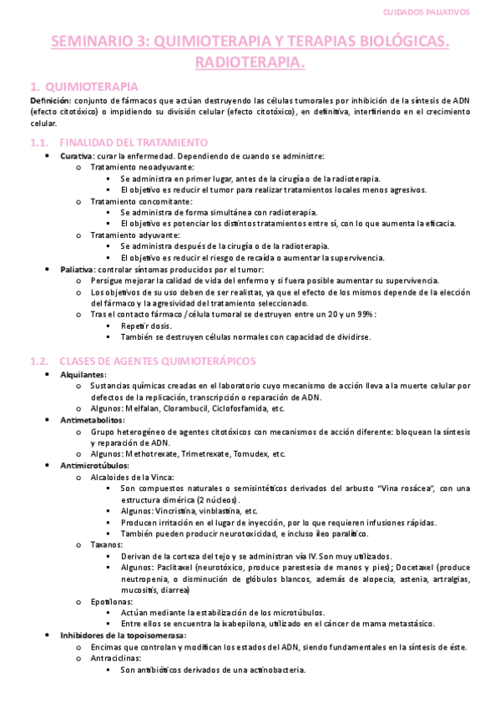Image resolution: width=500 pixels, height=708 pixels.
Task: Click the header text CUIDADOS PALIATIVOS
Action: coord(432,13)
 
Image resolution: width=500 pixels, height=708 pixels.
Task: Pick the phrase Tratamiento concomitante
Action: coord(140,201)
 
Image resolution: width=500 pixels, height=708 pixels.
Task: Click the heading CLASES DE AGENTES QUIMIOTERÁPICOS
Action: coord(158,361)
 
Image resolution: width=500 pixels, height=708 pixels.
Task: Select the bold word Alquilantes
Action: coord(83,374)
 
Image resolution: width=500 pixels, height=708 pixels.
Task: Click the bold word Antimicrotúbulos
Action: coord(94,465)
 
